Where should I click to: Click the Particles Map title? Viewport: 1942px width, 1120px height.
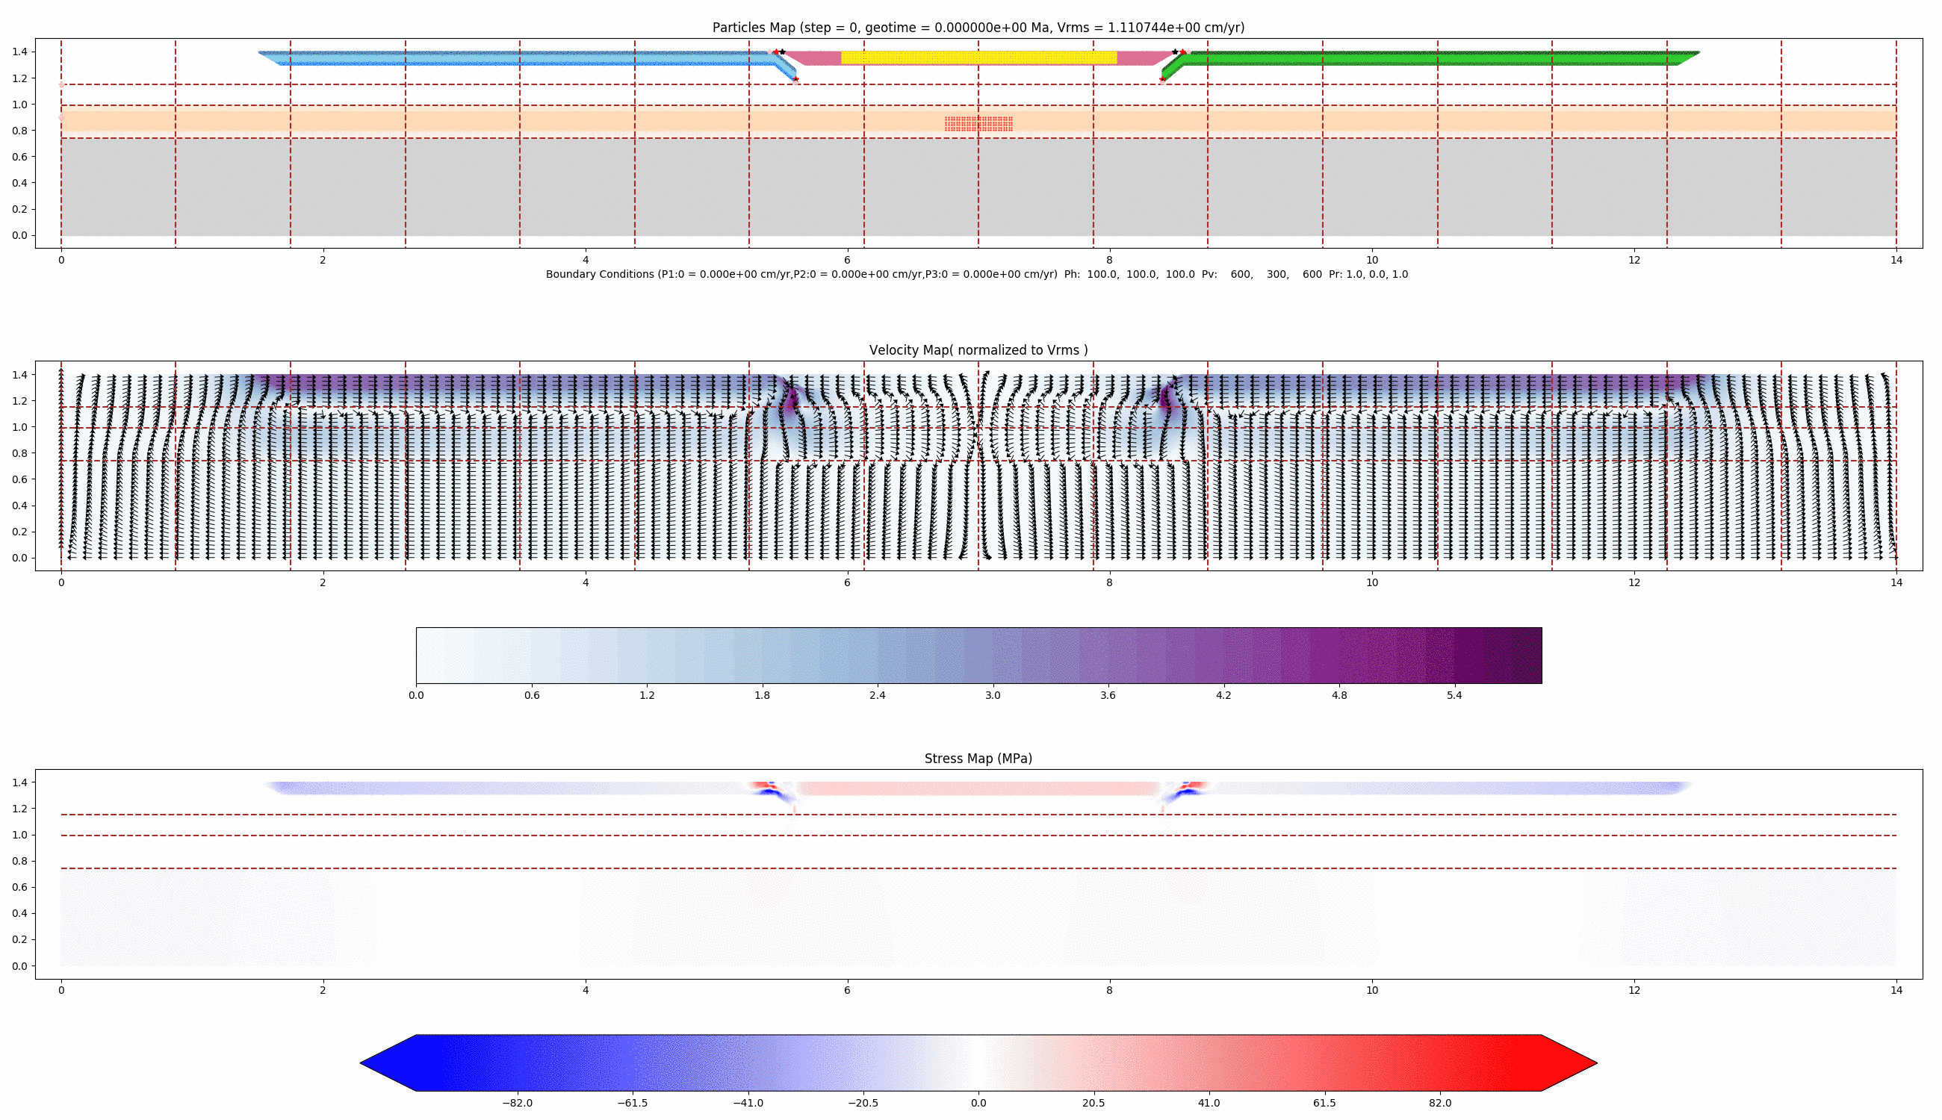978,28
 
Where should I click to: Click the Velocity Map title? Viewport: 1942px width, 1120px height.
978,350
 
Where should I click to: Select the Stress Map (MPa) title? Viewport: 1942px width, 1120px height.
978,759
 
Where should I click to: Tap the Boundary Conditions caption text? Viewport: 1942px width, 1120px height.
976,275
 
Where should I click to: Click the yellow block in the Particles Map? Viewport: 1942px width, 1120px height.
978,57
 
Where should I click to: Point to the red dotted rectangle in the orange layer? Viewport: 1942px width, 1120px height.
978,124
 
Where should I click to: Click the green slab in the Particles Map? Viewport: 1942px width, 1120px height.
1431,58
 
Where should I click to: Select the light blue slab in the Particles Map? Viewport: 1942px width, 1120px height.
523,58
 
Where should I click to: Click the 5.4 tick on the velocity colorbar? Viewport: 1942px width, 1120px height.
1454,695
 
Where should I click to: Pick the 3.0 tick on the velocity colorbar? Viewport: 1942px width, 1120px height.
993,695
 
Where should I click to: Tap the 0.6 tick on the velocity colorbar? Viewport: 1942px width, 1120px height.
532,695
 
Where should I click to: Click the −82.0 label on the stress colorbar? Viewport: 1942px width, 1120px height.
517,1103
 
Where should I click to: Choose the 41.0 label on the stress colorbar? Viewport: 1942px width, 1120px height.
1209,1103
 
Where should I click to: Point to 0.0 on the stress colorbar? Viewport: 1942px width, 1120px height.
978,1103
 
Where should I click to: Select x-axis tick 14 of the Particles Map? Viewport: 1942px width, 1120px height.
1896,260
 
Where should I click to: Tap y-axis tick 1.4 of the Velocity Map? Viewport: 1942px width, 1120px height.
19,375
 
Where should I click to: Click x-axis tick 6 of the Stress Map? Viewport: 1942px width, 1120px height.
847,990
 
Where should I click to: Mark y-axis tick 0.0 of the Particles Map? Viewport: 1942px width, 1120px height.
19,236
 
